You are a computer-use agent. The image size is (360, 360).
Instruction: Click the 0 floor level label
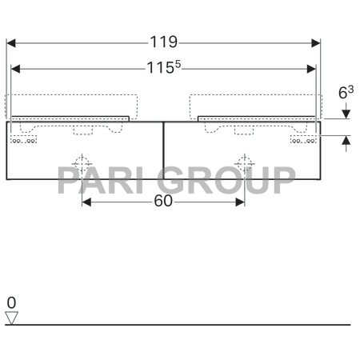(11, 302)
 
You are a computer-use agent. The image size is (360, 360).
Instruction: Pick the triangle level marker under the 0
(11, 318)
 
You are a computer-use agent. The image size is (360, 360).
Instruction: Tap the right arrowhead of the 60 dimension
(241, 202)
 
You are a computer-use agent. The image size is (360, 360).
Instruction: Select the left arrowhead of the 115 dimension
(15, 69)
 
